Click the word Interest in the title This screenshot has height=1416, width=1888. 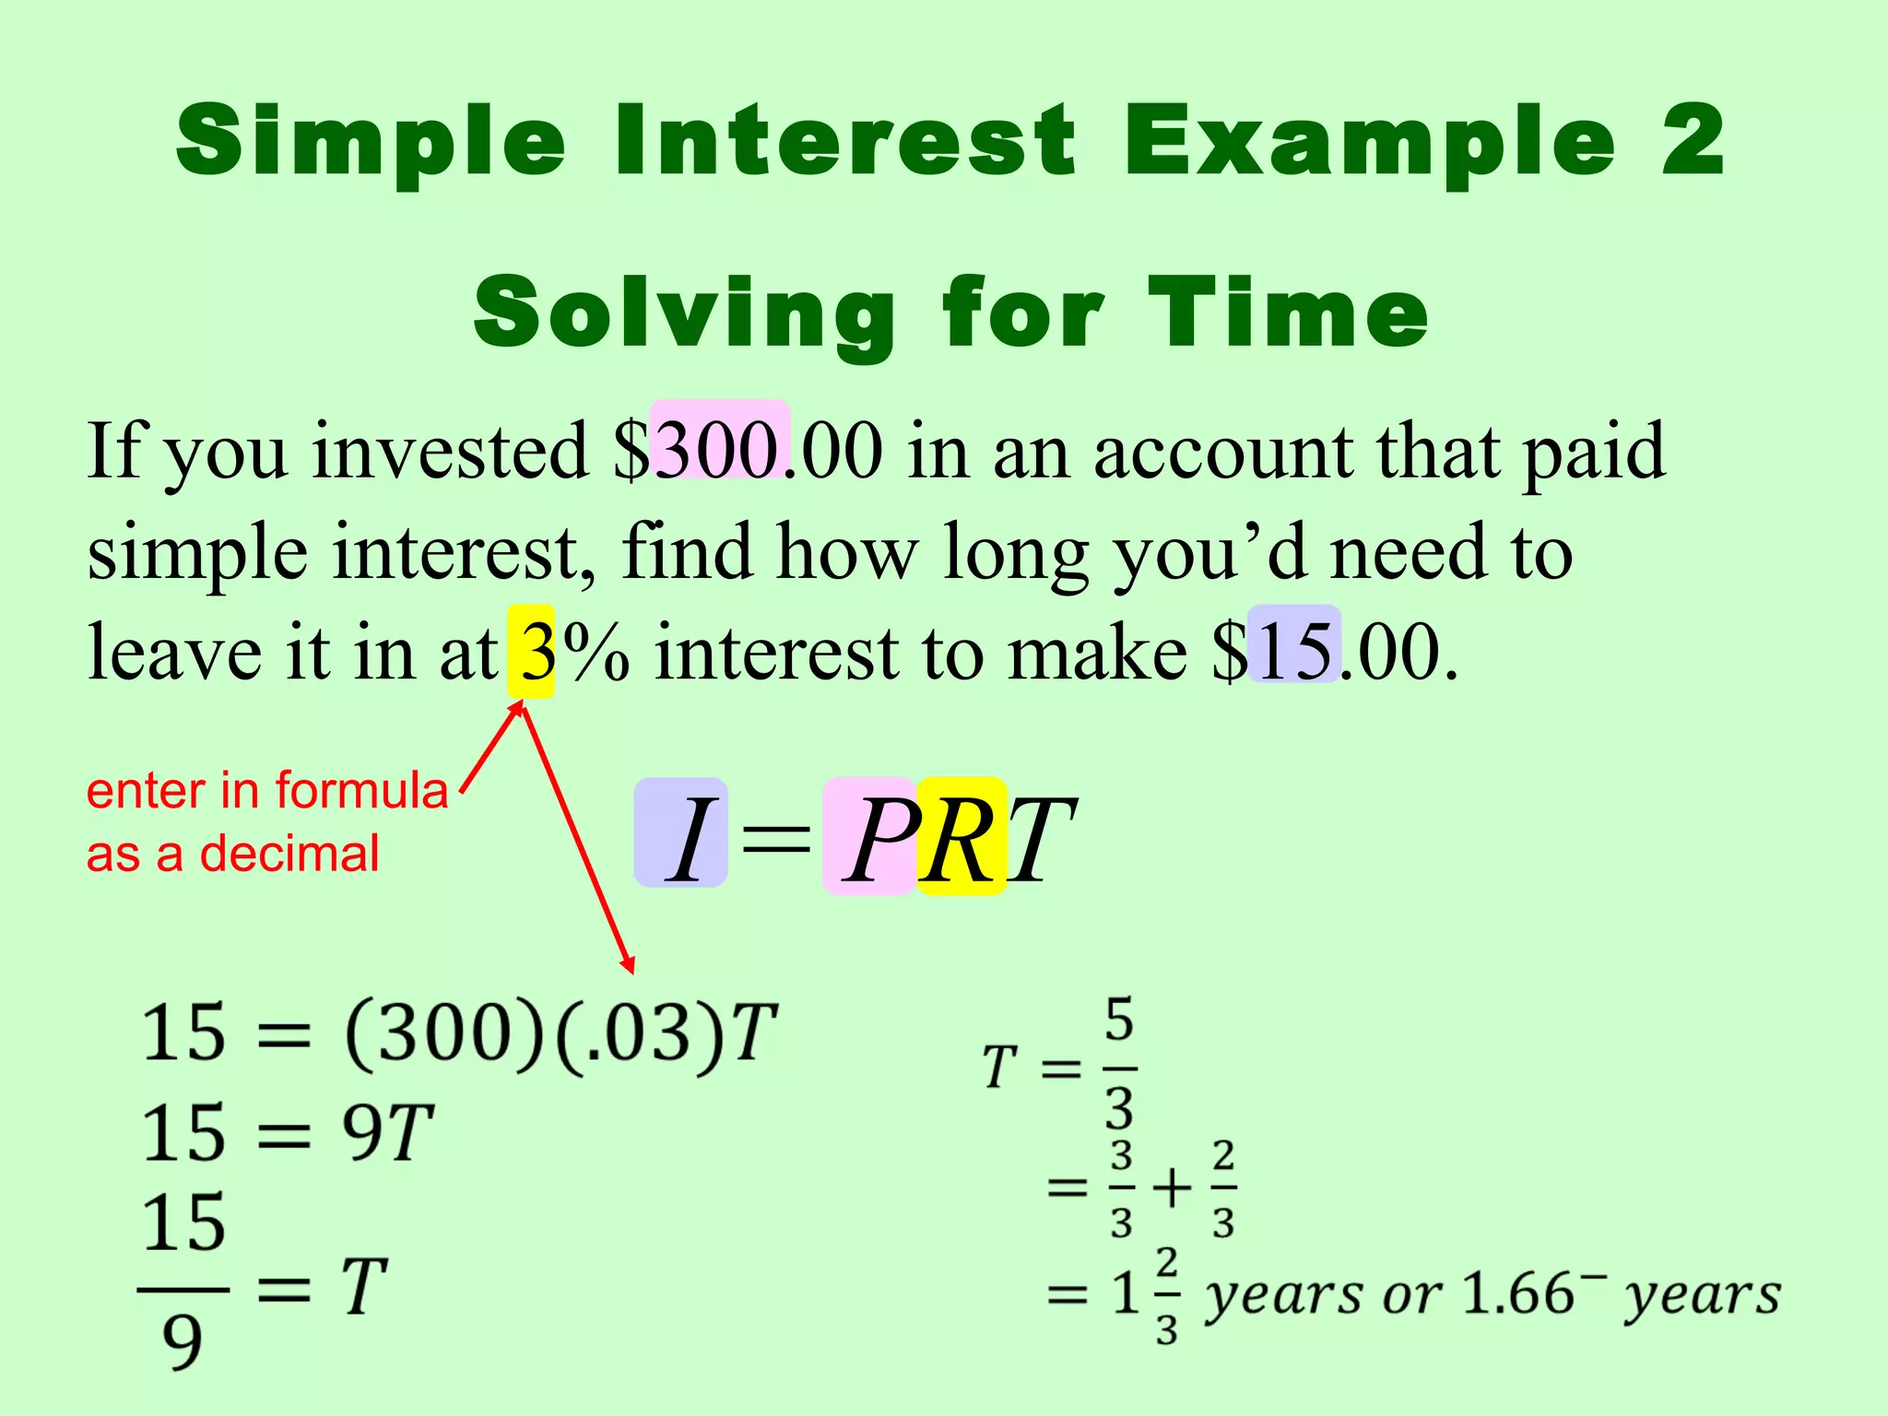[x=844, y=140]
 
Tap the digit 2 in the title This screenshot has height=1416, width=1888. [x=1693, y=140]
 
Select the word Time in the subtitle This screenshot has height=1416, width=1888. [x=1288, y=313]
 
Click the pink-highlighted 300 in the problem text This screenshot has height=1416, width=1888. [x=719, y=452]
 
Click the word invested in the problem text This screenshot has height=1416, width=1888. [x=449, y=452]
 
